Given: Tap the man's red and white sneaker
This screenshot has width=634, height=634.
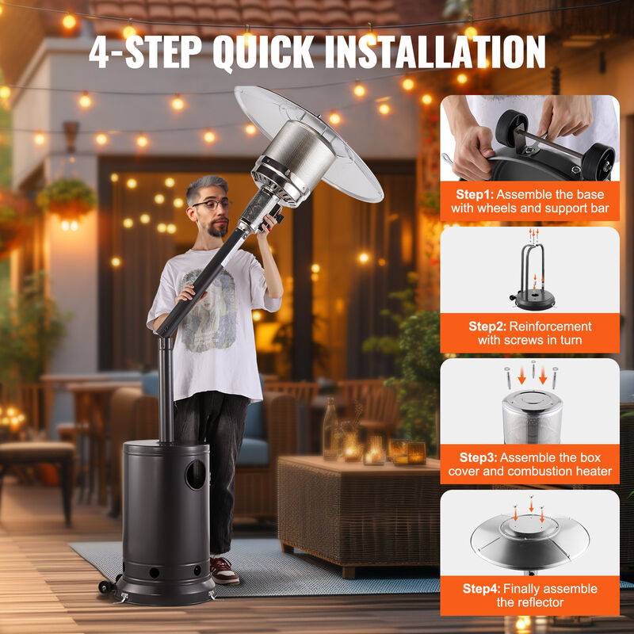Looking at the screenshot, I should pyautogui.click(x=223, y=570).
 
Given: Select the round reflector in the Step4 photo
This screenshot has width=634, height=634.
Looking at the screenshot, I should pyautogui.click(x=529, y=539).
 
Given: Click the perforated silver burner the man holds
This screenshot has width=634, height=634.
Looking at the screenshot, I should pyautogui.click(x=294, y=162).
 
